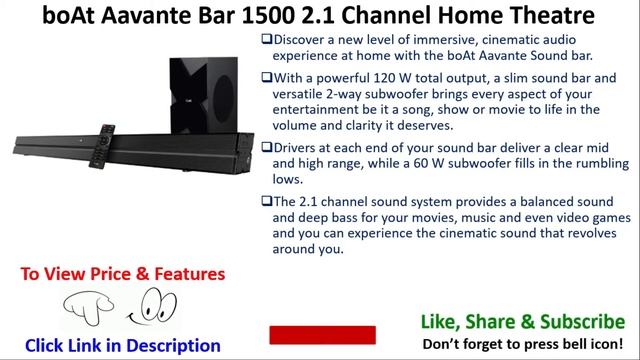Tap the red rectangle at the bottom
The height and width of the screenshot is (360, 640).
(x=322, y=334)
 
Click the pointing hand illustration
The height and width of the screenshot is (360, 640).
(x=87, y=310)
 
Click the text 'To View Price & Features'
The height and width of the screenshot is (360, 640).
(x=123, y=274)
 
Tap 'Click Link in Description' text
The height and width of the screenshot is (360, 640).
(x=123, y=345)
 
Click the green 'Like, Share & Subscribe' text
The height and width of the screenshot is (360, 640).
(x=521, y=321)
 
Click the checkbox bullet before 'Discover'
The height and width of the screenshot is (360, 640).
(x=267, y=39)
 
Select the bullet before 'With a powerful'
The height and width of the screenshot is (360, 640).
(x=267, y=78)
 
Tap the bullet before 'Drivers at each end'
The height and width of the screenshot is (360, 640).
(x=267, y=146)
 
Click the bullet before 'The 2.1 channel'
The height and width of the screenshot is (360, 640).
(x=267, y=200)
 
